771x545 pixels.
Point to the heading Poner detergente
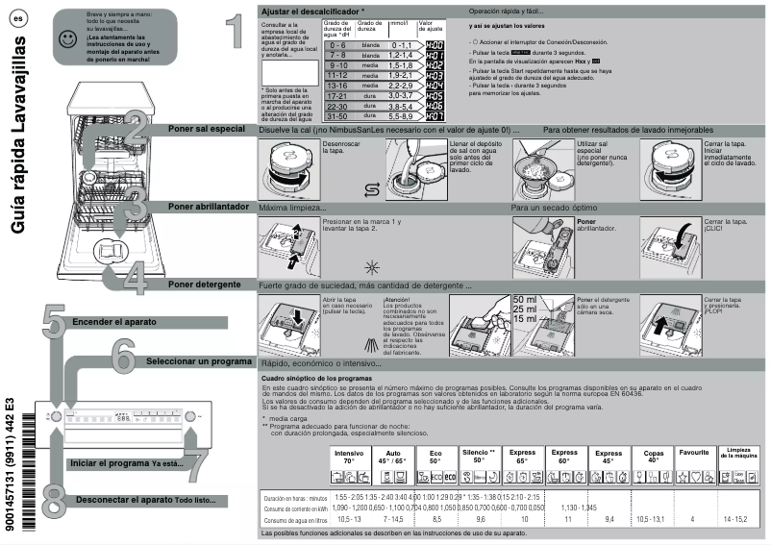point(204,285)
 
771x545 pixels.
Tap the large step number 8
point(55,501)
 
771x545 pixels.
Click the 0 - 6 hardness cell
point(336,45)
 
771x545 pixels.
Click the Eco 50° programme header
point(435,456)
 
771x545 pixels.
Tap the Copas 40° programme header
point(653,456)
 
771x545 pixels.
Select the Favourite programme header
point(693,452)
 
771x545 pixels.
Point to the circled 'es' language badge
point(18,19)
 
